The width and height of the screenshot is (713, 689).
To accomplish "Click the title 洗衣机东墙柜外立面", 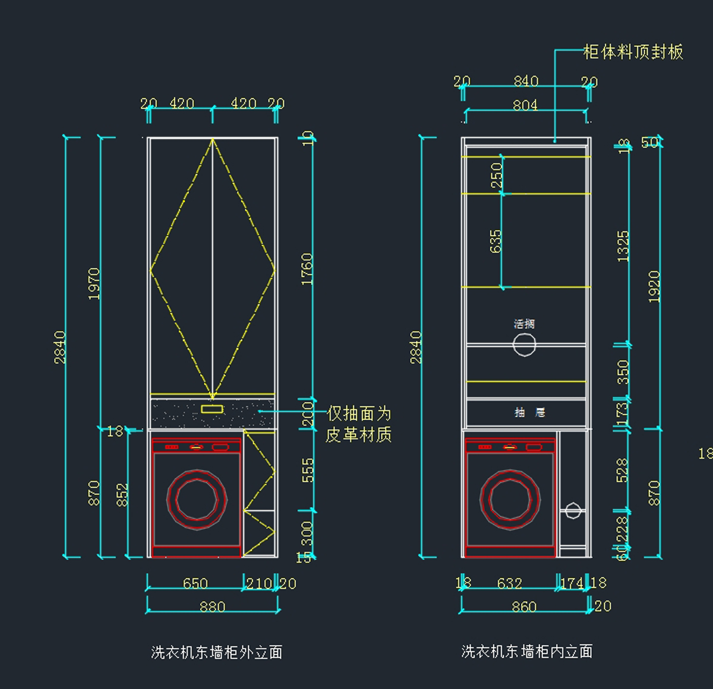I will tap(216, 652).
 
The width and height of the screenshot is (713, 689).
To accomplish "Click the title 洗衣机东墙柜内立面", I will tap(526, 651).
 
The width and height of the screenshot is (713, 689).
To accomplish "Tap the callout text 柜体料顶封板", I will tap(633, 52).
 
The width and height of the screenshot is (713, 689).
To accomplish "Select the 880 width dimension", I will tap(212, 607).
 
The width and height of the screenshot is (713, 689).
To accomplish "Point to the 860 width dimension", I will tap(524, 607).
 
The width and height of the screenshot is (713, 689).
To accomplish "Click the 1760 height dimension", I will tap(307, 269).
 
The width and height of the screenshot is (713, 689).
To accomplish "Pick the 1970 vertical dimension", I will tap(94, 284).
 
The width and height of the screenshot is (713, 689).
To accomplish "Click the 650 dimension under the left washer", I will tap(195, 583).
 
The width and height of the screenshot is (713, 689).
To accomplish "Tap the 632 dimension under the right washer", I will tap(509, 583).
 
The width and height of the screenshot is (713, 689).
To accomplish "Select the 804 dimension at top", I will tap(525, 105).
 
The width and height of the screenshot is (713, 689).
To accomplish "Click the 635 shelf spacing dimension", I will tap(496, 241).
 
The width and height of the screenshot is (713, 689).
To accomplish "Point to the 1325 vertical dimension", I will tap(623, 246).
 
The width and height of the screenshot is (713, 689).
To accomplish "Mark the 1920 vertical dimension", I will tap(654, 287).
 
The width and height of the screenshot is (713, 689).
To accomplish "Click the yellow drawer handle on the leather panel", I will tap(212, 409).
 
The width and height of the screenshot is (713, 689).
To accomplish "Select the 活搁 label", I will tap(524, 323).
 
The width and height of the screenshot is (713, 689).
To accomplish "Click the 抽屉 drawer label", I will tap(529, 412).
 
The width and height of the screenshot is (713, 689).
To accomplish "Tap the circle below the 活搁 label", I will tap(524, 345).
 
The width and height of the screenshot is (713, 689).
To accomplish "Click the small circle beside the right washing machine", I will tap(573, 510).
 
